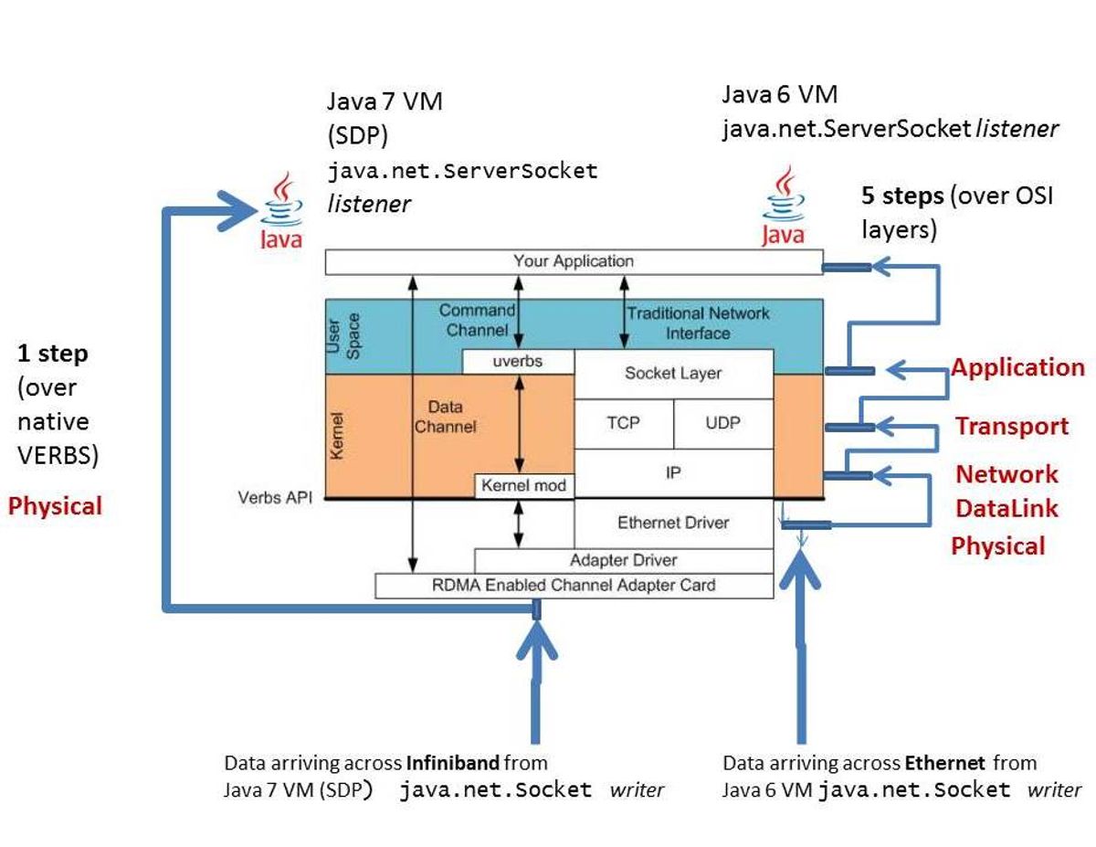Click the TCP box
pos(623,424)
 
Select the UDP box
pos(722,424)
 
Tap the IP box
pos(673,473)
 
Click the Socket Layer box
pos(673,374)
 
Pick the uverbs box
pos(517,362)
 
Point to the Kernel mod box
pos(524,485)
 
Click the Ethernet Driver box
pos(673,523)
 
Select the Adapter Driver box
pos(623,560)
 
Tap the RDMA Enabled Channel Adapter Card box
pos(574,586)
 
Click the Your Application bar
pos(574,261)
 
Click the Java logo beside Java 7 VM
pos(280,211)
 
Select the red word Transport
pos(1011,427)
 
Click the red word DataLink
pos(1007,508)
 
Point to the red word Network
pos(1006,474)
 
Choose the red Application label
pos(1017,367)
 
